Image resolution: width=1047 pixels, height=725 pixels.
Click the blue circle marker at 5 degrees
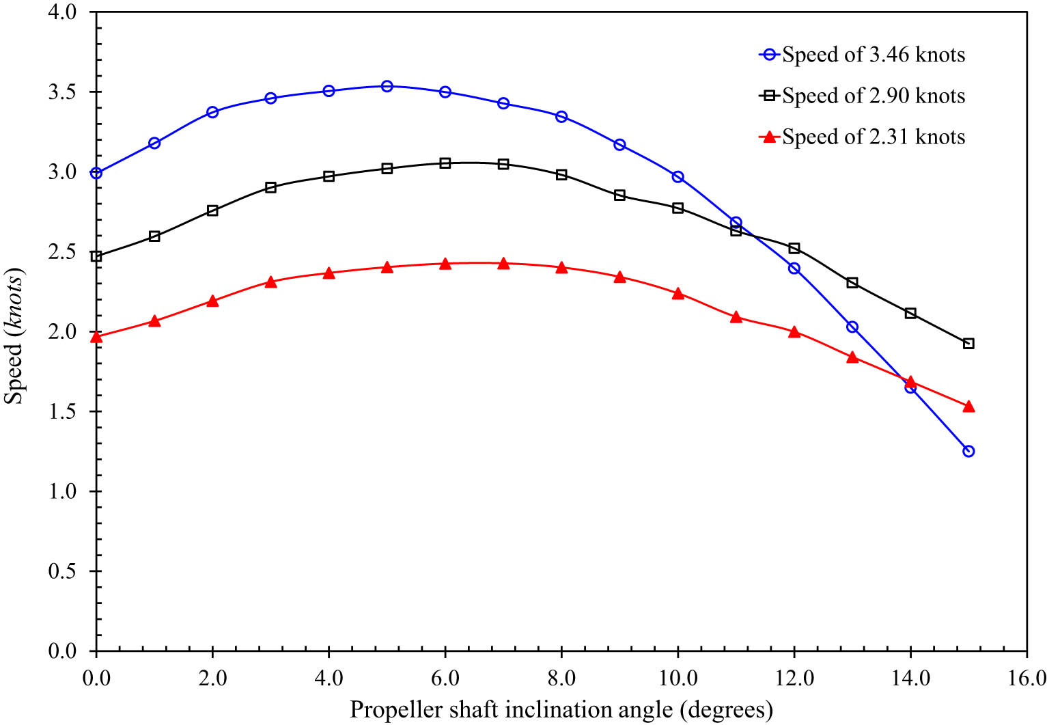click(387, 86)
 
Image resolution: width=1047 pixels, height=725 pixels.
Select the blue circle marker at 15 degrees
click(968, 451)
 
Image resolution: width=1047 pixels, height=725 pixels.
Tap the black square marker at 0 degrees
click(96, 256)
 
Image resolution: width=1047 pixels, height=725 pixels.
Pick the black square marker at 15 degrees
click(968, 344)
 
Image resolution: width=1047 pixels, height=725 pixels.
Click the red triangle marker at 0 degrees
click(96, 337)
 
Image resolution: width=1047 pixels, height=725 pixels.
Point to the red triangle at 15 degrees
click(968, 407)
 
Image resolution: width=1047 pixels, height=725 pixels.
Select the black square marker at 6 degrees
click(445, 163)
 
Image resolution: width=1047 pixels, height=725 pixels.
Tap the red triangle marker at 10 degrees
click(678, 294)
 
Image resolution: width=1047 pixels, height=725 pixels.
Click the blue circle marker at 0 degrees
click(96, 173)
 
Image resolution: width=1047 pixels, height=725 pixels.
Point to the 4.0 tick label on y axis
click(62, 12)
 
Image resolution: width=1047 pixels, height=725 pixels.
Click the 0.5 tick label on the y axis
click(62, 571)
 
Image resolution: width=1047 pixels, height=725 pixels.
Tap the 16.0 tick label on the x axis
click(1027, 678)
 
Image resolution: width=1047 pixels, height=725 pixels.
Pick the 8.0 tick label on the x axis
click(561, 678)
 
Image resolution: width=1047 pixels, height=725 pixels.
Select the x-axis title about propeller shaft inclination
click(561, 710)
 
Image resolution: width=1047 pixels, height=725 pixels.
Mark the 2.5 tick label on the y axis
click(62, 252)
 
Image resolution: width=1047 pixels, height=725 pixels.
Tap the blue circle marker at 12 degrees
click(794, 269)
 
